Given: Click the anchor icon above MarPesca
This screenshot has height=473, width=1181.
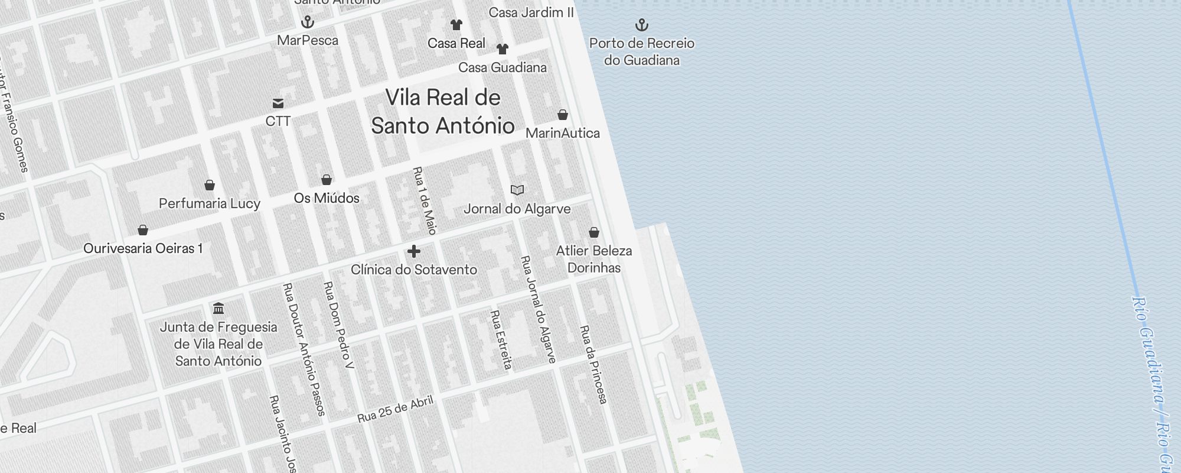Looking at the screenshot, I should (x=308, y=22).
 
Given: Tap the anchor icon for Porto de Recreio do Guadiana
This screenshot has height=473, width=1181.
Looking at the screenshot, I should (x=642, y=25).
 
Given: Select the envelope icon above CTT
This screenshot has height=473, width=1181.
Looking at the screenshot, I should (x=278, y=103).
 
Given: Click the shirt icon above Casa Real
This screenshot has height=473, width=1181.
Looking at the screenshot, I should (x=456, y=25).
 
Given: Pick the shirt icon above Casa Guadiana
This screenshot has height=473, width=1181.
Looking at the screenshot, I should (x=503, y=49).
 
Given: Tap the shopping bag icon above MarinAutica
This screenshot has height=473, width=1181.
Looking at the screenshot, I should (x=563, y=115).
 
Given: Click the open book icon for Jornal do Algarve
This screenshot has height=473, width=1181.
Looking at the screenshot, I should (x=517, y=190).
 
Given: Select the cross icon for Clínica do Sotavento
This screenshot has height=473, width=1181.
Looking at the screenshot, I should (x=414, y=251).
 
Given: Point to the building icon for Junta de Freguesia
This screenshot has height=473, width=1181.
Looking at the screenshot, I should (x=218, y=309).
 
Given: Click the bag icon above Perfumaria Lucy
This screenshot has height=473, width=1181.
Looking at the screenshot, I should (x=210, y=185).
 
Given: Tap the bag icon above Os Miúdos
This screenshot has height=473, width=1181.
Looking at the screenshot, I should (x=327, y=180).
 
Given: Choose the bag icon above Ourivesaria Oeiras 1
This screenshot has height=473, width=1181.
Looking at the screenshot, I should (x=143, y=230).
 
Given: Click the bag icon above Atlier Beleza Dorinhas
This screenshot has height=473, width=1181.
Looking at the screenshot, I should (x=594, y=232).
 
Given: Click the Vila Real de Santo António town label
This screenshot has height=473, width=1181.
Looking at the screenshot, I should (x=443, y=112).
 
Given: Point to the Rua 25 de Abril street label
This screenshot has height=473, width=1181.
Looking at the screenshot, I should (x=396, y=409).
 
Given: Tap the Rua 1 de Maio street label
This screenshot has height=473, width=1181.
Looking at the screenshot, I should (x=425, y=201).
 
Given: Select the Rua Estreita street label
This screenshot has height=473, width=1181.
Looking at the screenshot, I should (x=501, y=340).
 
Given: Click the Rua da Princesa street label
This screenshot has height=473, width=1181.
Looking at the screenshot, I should (x=593, y=364).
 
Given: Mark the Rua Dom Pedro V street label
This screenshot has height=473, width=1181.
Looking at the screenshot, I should (x=339, y=325).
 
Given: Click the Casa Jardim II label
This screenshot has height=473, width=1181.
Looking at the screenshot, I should (x=531, y=12).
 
